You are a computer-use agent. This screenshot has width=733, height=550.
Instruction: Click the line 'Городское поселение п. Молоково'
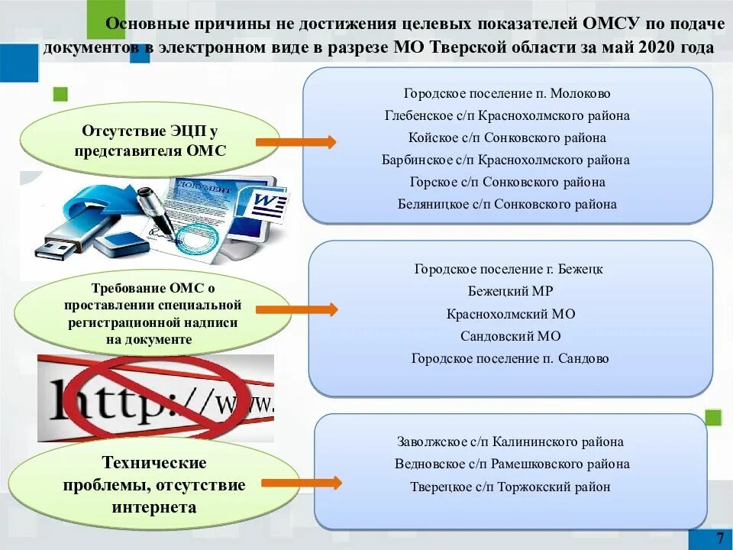tap(507, 93)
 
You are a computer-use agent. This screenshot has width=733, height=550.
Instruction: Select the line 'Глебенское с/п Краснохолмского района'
tap(507, 115)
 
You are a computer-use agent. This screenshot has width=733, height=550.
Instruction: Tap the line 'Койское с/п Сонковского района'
tap(507, 137)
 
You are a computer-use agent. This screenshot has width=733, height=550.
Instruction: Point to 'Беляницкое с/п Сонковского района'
tap(507, 204)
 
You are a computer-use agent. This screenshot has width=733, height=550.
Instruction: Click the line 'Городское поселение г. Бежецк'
tap(509, 269)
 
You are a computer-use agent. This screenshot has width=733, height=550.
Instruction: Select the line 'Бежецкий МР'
tap(510, 291)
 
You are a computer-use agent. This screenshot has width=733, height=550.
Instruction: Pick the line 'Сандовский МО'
tap(510, 335)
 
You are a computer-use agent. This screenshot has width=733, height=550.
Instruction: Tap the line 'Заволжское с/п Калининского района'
tap(510, 442)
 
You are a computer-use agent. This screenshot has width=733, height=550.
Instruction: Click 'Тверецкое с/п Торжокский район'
tap(510, 487)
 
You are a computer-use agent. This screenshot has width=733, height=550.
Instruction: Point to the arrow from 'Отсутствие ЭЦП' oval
tap(295, 142)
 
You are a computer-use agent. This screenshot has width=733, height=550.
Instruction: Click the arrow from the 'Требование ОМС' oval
tap(296, 309)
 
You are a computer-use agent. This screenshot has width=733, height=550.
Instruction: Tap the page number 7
tap(720, 538)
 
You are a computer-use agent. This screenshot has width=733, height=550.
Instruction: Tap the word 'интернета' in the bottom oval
tap(154, 507)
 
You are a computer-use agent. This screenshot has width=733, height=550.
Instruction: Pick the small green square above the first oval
tap(60, 95)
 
